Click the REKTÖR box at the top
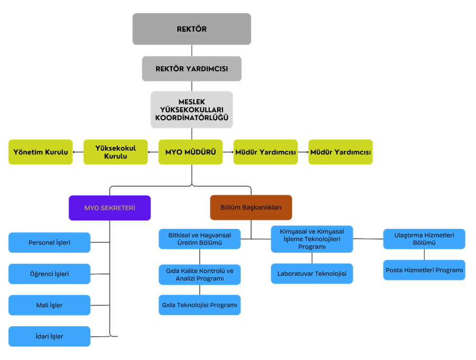coord(191,29)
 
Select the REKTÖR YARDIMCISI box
coord(191,69)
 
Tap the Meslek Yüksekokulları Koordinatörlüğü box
coord(191,110)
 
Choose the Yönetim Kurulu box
coord(41,152)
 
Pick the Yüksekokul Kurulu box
coord(115,152)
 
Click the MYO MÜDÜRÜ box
coord(190,152)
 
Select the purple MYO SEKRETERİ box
coord(109,208)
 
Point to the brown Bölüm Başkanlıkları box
coord(251,208)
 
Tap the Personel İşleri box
coord(49,243)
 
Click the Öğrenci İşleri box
coord(49,274)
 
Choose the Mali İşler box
coord(49,305)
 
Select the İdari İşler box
coord(49,336)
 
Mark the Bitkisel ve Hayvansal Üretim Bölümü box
coord(199,239)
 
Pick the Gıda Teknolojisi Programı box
coord(199,305)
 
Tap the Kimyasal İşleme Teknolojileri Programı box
coord(312,239)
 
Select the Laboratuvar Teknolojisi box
coord(312,274)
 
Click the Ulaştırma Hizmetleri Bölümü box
coord(424,239)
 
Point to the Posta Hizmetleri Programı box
coord(424,270)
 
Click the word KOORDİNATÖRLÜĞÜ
coord(191,118)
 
